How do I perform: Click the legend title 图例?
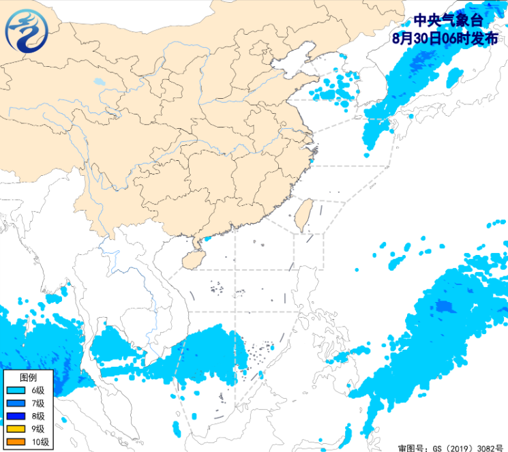click(28, 377)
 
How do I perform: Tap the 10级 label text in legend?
click(40, 442)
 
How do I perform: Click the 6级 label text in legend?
click(38, 391)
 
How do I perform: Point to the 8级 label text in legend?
click(38, 417)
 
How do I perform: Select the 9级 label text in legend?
click(38, 430)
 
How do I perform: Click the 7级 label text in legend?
click(38, 404)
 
